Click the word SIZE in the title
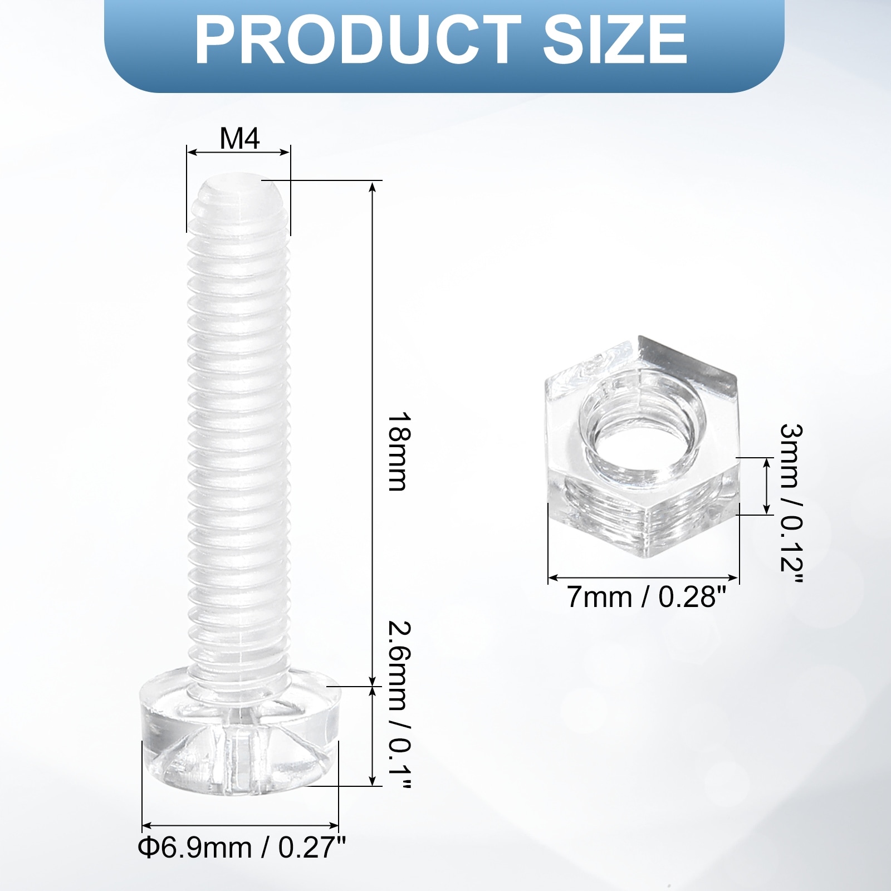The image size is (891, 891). point(615,40)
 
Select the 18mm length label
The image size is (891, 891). point(398,452)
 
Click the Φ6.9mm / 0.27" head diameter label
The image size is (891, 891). point(242,848)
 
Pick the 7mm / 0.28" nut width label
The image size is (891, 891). point(647,598)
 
